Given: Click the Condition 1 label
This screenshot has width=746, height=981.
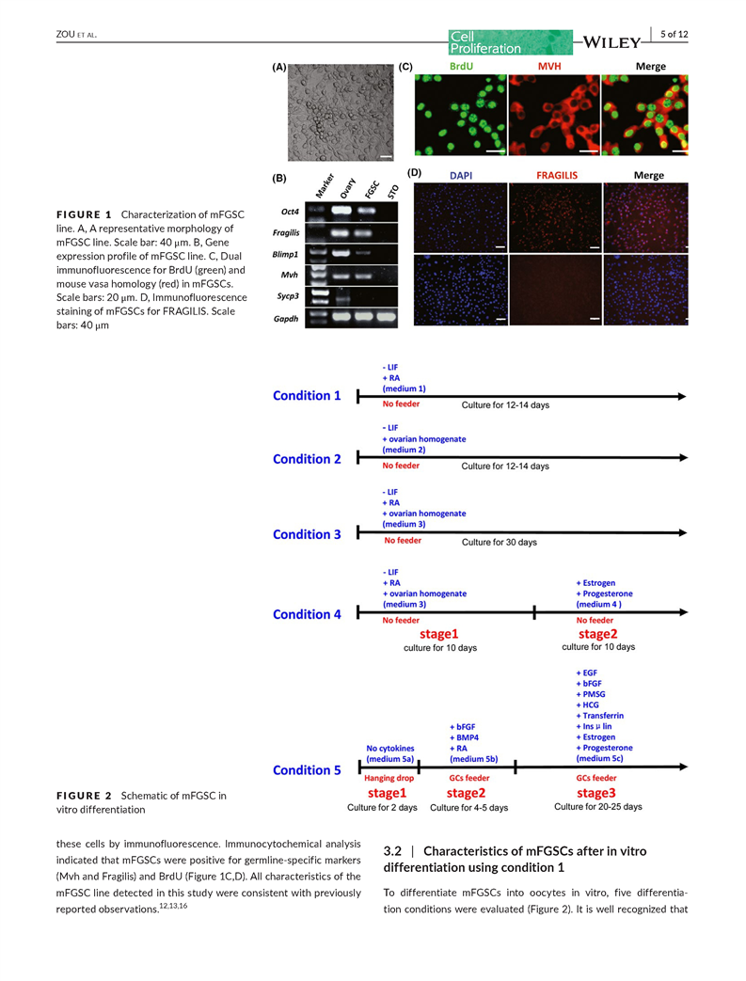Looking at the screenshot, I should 307,396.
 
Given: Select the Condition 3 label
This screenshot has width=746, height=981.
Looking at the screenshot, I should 307,534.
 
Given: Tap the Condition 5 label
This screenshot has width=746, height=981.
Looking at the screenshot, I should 307,770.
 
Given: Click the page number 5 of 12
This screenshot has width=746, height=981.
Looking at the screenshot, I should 674,35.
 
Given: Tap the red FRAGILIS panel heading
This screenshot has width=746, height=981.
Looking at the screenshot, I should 557,175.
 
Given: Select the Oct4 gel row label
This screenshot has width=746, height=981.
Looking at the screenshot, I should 291,214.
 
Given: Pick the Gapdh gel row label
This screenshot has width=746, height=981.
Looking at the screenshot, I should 287,319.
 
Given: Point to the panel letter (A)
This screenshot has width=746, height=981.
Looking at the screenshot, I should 279,68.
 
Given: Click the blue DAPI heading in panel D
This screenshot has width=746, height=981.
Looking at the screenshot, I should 462,175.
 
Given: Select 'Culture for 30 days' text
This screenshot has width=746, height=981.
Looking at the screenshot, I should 499,543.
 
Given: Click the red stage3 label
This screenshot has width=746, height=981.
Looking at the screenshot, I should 596,792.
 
